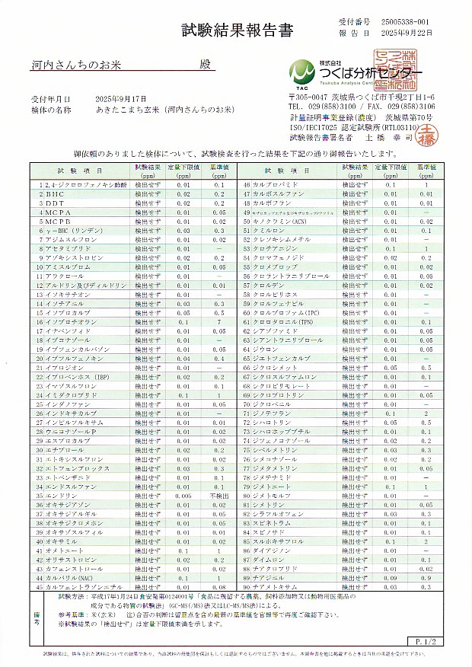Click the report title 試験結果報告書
coord(236,30)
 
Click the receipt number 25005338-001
coord(407,24)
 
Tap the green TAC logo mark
coord(302,72)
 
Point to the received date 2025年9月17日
coord(111,100)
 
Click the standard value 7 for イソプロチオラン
coord(219,322)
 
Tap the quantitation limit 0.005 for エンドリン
coord(183,494)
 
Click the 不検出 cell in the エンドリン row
coord(219,494)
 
